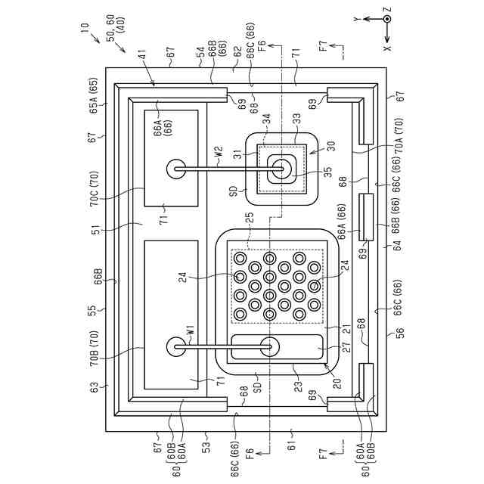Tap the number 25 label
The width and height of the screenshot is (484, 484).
click(x=250, y=218)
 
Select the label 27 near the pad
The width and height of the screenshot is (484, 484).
click(x=346, y=346)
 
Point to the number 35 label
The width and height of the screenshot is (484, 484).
click(x=327, y=172)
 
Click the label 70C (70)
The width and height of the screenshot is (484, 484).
click(x=94, y=188)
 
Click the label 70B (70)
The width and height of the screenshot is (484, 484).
click(x=94, y=349)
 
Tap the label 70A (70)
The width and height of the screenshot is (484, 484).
click(x=399, y=135)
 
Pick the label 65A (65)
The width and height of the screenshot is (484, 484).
click(x=94, y=96)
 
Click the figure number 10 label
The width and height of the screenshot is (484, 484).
click(x=85, y=29)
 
